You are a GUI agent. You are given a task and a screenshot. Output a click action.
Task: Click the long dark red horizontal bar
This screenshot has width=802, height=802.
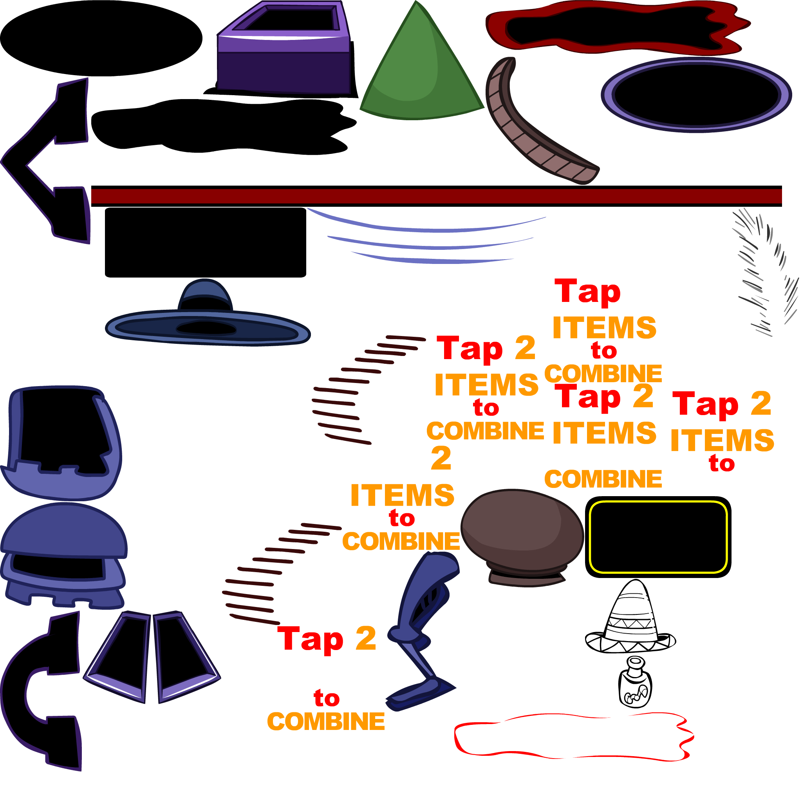tap(436, 196)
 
